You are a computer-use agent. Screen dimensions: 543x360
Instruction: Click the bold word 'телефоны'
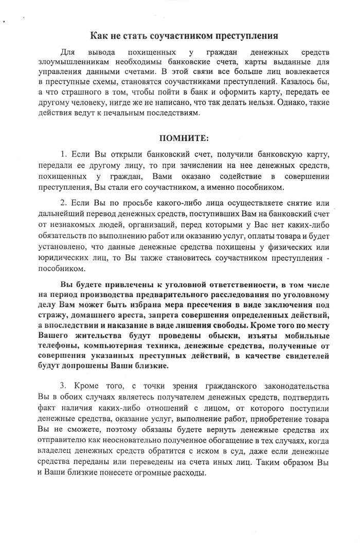point(58,347)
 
